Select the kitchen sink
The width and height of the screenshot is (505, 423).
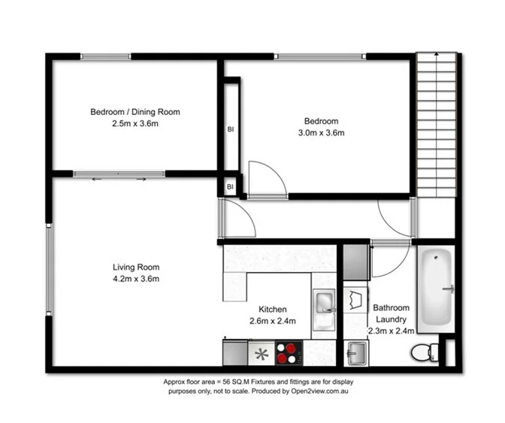pos(325,302)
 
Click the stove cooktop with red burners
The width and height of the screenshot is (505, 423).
pos(288,352)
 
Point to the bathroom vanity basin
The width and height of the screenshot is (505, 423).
pos(356,351)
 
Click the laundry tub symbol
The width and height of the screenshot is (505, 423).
pos(355,301)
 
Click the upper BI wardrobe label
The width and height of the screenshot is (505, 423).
pos(230,128)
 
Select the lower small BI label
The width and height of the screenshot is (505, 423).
pos(230,186)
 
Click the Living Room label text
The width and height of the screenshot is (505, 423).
pos(136,267)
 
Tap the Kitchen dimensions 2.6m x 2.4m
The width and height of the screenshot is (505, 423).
pos(273,321)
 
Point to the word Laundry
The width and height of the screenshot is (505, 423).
pos(392,319)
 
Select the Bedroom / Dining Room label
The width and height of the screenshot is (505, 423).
pos(135,112)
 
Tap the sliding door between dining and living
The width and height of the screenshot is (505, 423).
pos(119,174)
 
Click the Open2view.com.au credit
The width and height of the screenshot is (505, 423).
pos(331,392)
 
